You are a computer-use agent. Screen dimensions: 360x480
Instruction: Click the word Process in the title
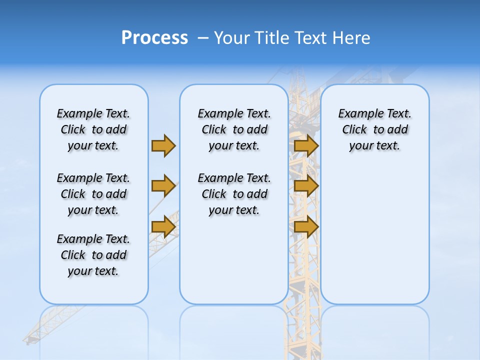tap(154, 37)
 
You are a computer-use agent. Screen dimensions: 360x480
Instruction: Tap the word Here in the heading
tap(351, 38)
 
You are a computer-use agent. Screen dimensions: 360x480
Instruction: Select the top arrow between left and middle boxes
tap(163, 145)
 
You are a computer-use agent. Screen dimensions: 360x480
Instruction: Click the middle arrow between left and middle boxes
tap(163, 186)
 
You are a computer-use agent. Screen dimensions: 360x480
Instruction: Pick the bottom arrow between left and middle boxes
tap(163, 227)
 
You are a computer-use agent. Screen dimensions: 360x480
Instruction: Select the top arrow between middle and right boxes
tap(306, 145)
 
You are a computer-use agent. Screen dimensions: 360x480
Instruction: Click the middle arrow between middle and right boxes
tap(306, 186)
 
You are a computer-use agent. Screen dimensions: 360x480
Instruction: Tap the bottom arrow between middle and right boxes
tap(306, 227)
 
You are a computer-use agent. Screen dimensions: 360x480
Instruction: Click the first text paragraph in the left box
tap(93, 129)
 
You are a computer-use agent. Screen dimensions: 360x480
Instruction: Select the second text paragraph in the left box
tap(93, 194)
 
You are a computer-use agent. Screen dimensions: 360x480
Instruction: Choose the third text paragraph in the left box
tap(93, 255)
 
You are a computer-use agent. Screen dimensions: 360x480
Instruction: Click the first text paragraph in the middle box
tap(234, 129)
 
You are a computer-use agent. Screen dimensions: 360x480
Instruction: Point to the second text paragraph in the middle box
tap(234, 194)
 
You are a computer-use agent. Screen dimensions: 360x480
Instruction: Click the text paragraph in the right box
tap(374, 129)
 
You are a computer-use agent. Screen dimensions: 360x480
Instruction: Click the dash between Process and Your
tap(203, 38)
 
